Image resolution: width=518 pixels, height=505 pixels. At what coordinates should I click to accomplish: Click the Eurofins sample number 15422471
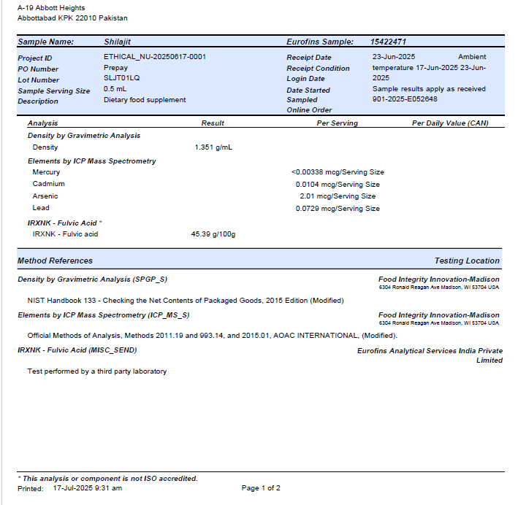pos(388,42)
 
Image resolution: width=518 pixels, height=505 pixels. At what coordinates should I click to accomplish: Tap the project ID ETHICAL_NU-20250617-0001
pos(154,57)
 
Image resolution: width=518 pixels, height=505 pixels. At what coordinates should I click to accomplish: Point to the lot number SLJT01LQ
pos(122,78)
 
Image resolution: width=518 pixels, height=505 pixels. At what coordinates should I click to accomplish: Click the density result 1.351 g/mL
pos(213,147)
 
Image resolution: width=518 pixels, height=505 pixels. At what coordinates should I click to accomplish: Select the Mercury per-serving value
pos(338,172)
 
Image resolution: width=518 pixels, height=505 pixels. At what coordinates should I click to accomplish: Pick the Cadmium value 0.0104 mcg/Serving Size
pos(338,185)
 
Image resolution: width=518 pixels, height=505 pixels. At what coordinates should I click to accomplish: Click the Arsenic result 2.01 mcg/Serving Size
pos(338,196)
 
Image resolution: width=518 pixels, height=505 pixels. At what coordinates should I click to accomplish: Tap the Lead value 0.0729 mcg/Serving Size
pos(338,209)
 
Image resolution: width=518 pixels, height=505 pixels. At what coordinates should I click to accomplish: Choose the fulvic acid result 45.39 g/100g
pos(213,234)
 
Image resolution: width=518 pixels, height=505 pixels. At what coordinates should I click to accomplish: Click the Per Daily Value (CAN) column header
pos(450,123)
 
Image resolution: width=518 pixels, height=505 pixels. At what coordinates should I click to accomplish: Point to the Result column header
pos(213,123)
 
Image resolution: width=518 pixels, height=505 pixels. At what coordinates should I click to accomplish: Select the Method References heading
pos(56,261)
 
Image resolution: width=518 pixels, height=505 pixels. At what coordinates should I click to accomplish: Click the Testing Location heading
pos(467,261)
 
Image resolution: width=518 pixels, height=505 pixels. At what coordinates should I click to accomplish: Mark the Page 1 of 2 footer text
pos(261,488)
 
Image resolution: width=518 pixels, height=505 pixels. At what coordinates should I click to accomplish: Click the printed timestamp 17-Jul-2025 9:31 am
pos(88,488)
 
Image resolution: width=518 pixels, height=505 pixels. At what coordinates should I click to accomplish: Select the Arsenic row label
pos(45,196)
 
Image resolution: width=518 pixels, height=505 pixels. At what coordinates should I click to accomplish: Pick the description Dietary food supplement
pos(145,100)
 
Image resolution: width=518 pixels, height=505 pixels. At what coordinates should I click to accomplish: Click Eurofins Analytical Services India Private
pos(430,351)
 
